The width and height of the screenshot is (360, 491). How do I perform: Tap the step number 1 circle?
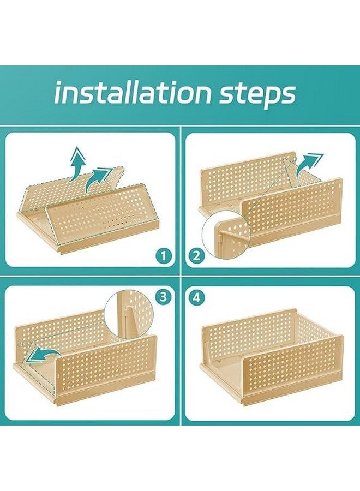click(163, 256)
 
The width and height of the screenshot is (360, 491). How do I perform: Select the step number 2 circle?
click(196, 256)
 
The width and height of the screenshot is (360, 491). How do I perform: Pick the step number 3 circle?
click(164, 297)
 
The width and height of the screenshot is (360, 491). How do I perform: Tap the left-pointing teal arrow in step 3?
click(41, 355)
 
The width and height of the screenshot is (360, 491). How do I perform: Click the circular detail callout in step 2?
click(226, 234)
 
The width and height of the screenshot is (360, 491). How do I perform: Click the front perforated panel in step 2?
click(292, 209)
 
